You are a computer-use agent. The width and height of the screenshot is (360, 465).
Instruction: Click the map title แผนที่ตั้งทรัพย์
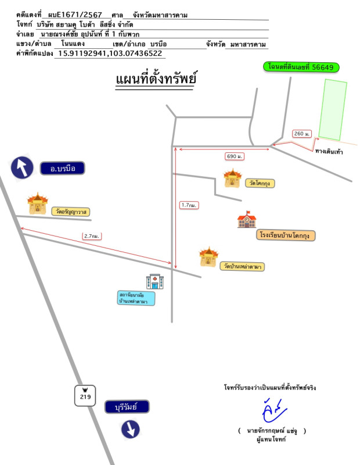[x=156, y=78]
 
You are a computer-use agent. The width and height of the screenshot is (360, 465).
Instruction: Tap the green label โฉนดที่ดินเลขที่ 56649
[x=301, y=67]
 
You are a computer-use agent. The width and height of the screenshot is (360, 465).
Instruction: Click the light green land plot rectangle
[x=333, y=109]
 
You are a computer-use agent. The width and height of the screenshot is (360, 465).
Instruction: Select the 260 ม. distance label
[x=301, y=134]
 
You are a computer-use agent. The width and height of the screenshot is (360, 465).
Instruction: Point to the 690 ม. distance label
[x=235, y=156]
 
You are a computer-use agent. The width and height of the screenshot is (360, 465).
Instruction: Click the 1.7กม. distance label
[x=189, y=205]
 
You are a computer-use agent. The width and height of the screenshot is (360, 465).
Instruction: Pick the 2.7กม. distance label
[x=92, y=236]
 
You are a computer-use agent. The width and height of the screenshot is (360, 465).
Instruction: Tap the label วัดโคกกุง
[x=260, y=183]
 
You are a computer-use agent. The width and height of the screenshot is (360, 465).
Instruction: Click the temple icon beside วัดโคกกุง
[x=233, y=178]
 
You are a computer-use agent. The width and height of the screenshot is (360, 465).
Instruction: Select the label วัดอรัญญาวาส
[x=71, y=212]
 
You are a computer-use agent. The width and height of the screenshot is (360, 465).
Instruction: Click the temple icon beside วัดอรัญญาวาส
[x=37, y=203]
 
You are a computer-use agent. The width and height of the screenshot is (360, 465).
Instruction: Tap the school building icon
[x=247, y=220]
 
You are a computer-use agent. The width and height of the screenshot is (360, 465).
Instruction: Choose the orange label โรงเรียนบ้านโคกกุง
[x=286, y=235]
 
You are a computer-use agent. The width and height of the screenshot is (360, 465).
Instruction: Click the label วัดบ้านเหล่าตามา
[x=242, y=266]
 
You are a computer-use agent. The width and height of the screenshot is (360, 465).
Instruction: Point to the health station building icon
[x=154, y=281]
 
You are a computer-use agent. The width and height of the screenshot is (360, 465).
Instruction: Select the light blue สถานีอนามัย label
[x=136, y=298]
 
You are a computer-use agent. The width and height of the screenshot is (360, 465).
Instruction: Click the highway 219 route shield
[x=85, y=396]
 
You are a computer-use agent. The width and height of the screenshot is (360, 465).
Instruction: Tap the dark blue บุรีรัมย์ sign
[x=127, y=407]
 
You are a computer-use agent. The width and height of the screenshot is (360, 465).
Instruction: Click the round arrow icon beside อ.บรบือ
[x=22, y=167]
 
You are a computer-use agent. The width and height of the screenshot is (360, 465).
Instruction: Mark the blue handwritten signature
[x=274, y=410]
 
